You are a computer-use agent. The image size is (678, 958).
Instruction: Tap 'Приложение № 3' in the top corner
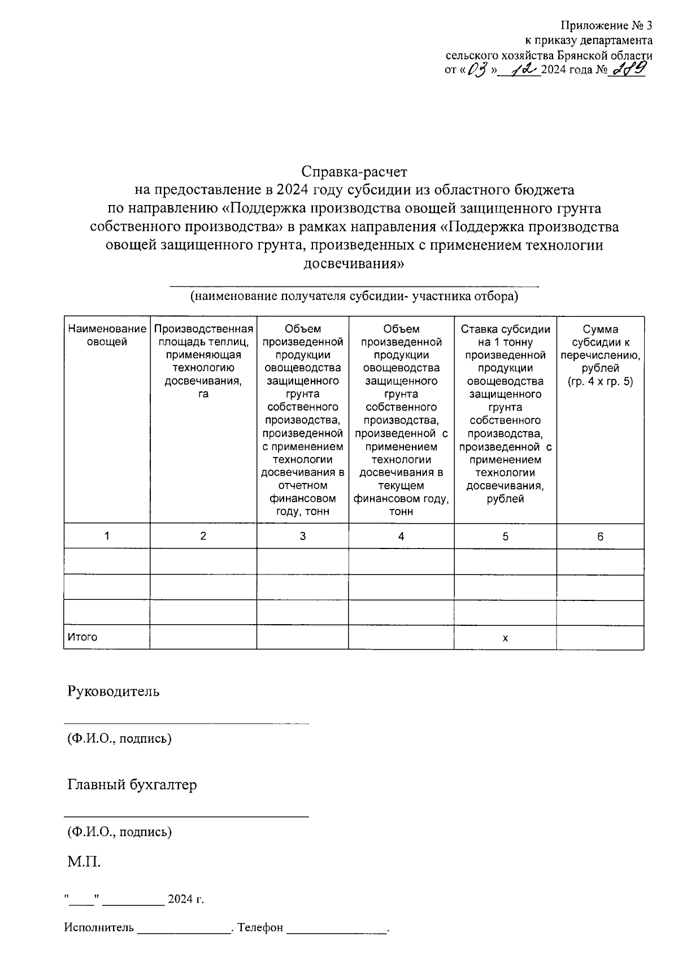tap(606, 25)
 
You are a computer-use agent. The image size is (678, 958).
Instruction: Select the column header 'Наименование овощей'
tap(107, 335)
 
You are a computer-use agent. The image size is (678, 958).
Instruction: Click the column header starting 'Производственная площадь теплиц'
tap(203, 361)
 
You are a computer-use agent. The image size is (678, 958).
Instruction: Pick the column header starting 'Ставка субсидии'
tap(505, 413)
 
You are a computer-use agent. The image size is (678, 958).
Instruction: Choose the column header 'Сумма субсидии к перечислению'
tap(600, 355)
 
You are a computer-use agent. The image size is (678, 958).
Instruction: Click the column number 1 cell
tap(107, 536)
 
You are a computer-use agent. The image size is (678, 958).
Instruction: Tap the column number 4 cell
tap(401, 536)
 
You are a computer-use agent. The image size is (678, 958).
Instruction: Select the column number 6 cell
tap(600, 536)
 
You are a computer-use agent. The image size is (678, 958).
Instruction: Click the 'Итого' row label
tap(82, 637)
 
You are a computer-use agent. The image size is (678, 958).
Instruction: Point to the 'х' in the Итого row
tap(505, 638)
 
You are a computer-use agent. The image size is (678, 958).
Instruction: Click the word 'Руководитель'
tap(114, 691)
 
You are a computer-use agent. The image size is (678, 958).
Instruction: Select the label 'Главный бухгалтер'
tap(132, 785)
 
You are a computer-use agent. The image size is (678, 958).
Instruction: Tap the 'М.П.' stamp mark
tap(84, 862)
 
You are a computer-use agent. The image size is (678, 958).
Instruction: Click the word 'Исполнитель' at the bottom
tap(99, 927)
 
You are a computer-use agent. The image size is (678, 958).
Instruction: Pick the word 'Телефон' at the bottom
tap(260, 927)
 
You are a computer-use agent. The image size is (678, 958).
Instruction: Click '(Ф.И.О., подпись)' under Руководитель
tap(119, 738)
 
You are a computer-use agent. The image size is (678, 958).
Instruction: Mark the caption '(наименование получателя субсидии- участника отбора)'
tap(354, 296)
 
